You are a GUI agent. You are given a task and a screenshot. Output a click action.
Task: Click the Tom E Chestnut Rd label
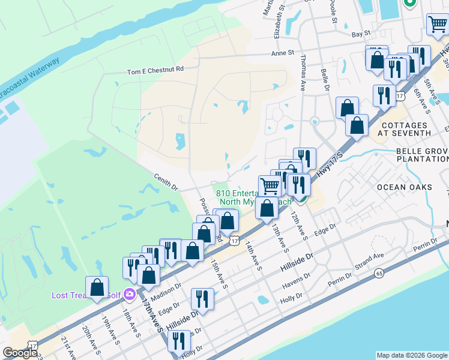[155, 70]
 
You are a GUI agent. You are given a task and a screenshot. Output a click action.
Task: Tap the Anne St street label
[282, 53]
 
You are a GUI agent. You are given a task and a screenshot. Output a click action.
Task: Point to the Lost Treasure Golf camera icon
[128, 295]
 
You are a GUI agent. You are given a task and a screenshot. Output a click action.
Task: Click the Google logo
[20, 353]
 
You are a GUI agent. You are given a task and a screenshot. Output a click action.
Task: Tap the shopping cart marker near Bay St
[437, 25]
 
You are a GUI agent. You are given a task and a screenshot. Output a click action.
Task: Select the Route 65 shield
[378, 273]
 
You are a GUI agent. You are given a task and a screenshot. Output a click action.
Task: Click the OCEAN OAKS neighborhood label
[404, 187]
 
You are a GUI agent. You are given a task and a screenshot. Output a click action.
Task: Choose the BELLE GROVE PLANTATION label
[422, 155]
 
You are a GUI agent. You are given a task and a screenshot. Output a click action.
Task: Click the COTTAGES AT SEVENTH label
[406, 128]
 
